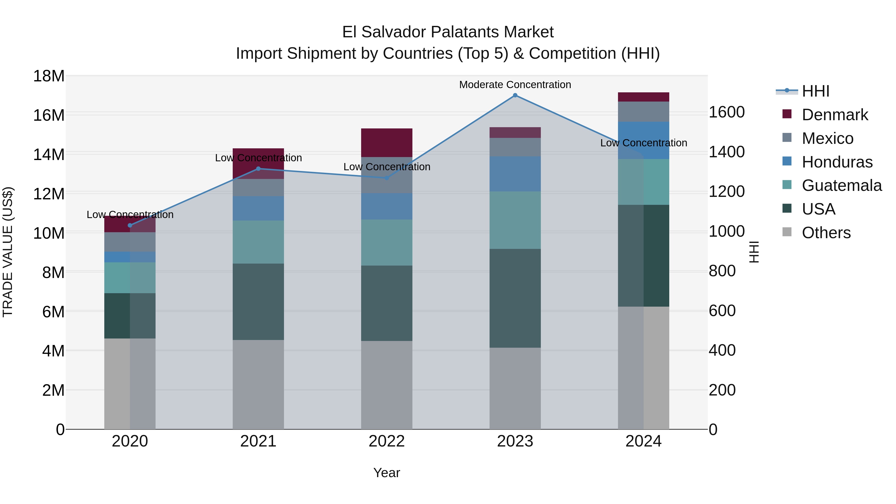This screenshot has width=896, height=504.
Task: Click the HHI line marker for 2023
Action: click(x=515, y=95)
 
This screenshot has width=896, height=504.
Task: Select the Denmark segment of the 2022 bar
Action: click(x=387, y=143)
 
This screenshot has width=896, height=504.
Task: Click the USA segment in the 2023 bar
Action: click(x=515, y=298)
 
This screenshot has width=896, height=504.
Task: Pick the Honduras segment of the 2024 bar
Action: click(x=643, y=141)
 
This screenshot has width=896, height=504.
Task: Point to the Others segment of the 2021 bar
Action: click(x=258, y=384)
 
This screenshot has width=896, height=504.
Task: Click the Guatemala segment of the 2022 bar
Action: click(x=387, y=242)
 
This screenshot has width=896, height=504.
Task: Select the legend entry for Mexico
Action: click(x=828, y=138)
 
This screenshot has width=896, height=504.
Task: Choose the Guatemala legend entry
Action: click(x=841, y=185)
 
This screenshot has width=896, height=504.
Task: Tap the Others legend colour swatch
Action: click(x=787, y=232)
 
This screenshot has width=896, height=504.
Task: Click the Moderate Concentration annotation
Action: click(x=515, y=85)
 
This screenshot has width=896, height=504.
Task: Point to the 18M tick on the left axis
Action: click(x=49, y=76)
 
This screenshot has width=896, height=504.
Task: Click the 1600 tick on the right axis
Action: click(x=727, y=112)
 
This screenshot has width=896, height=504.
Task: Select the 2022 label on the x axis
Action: click(x=387, y=441)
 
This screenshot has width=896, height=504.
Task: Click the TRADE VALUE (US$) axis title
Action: click(x=8, y=252)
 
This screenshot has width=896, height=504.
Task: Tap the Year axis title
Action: click(x=387, y=473)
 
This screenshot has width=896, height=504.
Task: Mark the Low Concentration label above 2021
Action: click(x=258, y=158)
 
